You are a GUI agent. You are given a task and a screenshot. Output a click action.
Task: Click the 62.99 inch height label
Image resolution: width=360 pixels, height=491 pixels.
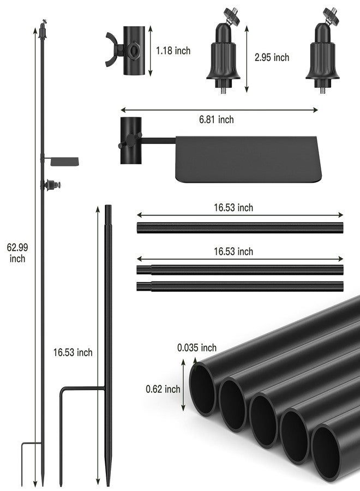(x=17, y=253)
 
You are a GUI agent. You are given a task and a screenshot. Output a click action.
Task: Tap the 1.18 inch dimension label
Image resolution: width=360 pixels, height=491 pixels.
(x=173, y=51)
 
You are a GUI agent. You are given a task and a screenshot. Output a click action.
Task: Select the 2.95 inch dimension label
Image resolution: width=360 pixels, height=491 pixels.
(x=272, y=57)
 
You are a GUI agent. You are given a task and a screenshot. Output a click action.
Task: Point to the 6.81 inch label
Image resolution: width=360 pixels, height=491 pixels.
(x=217, y=119)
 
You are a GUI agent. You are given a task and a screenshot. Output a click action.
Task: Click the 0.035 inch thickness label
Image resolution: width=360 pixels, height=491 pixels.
(x=197, y=348)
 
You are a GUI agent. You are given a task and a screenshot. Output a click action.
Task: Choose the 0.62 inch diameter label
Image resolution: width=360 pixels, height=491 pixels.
(x=163, y=389)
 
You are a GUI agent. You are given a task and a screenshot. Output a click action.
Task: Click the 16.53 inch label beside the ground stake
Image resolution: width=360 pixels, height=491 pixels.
(x=73, y=352)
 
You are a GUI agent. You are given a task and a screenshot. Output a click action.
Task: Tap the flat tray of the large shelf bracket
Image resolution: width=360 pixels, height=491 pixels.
(x=249, y=159)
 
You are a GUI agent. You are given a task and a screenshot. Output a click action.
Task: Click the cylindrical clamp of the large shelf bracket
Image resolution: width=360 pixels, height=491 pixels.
(x=131, y=141)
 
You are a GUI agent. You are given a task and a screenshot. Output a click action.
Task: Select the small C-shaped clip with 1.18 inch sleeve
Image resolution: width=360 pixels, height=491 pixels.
(x=125, y=51)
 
